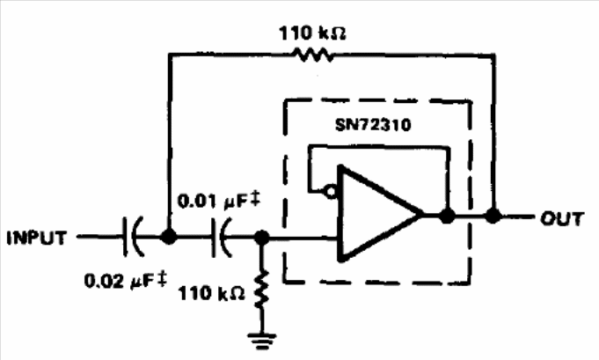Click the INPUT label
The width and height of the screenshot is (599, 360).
pyautogui.click(x=37, y=238)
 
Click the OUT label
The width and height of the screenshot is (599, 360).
pyautogui.click(x=562, y=218)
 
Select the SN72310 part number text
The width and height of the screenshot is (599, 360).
pyautogui.click(x=373, y=125)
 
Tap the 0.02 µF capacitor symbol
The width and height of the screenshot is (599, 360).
pyautogui.click(x=133, y=237)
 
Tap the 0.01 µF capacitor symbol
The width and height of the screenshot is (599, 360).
pyautogui.click(x=222, y=238)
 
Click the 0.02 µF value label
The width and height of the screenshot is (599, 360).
pyautogui.click(x=126, y=281)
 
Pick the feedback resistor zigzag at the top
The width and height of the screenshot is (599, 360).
pyautogui.click(x=312, y=55)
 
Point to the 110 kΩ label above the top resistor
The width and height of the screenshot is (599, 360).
pyautogui.click(x=313, y=33)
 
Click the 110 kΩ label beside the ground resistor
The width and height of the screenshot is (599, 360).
pyautogui.click(x=211, y=293)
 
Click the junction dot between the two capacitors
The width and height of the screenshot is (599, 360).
pyautogui.click(x=168, y=237)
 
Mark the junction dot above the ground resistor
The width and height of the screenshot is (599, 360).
pyautogui.click(x=262, y=238)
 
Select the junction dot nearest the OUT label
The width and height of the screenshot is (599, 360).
pyautogui.click(x=493, y=216)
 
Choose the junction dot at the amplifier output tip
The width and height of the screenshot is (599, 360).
pyautogui.click(x=447, y=216)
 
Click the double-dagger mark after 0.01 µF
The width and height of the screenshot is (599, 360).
pyautogui.click(x=256, y=200)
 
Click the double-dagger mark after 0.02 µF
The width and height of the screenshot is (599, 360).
pyautogui.click(x=163, y=279)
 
